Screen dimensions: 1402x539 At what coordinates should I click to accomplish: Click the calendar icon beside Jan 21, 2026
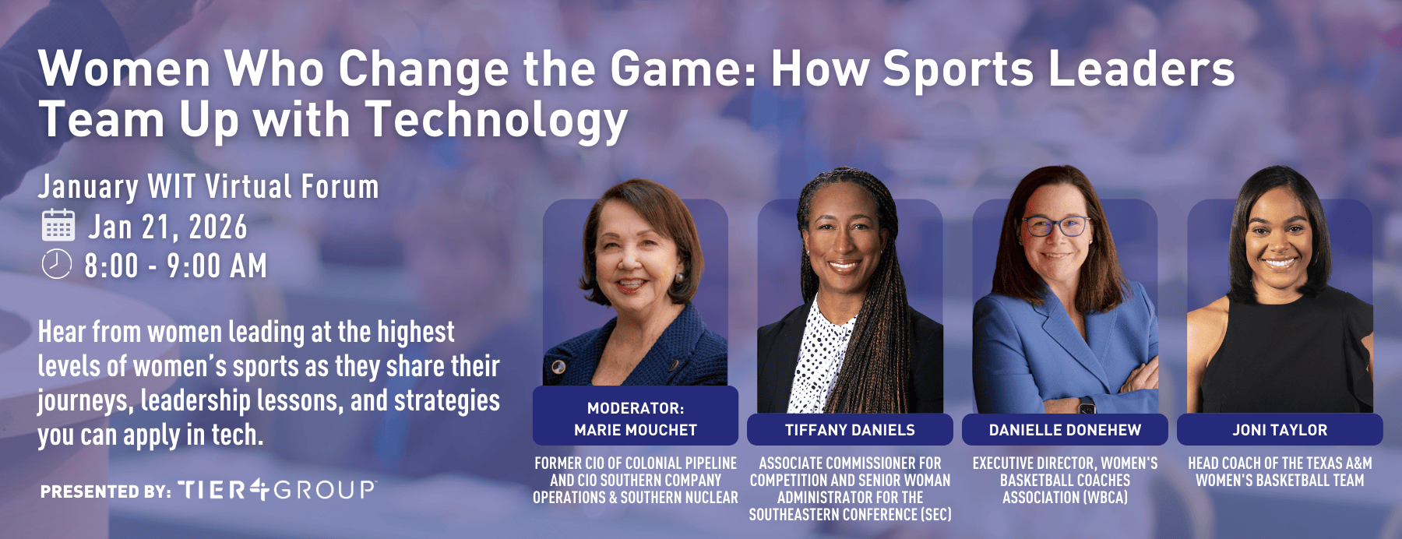click(x=58, y=225)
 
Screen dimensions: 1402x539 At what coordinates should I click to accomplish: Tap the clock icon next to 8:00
click(x=56, y=264)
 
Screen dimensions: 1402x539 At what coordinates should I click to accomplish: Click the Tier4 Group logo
click(x=277, y=490)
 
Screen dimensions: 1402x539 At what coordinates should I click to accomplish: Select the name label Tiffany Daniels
click(x=850, y=430)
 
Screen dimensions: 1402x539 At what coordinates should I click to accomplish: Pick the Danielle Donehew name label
click(x=1065, y=430)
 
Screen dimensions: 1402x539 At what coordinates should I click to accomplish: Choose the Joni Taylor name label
click(x=1280, y=430)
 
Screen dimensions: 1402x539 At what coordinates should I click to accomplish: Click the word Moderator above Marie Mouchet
click(x=636, y=408)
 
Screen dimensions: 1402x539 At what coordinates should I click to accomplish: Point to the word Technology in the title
click(x=496, y=121)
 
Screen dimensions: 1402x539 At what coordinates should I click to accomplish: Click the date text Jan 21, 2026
click(x=167, y=227)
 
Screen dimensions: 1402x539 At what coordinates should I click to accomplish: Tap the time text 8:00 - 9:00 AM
click(x=175, y=266)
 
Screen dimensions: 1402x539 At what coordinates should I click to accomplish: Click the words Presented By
click(x=105, y=491)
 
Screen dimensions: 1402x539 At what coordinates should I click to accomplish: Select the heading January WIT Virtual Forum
click(x=208, y=187)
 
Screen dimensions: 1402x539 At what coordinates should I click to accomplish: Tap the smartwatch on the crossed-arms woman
click(x=1086, y=406)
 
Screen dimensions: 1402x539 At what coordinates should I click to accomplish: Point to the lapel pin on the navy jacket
click(x=558, y=366)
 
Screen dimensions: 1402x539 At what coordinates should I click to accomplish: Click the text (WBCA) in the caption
click(x=1103, y=498)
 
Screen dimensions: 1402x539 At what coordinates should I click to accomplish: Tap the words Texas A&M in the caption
click(x=1333, y=463)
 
